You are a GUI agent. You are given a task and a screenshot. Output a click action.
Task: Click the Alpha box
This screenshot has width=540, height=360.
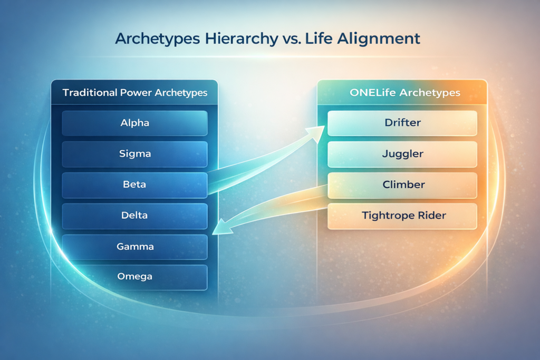click(x=134, y=123)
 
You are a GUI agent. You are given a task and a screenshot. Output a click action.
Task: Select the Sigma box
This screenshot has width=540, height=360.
click(x=134, y=154)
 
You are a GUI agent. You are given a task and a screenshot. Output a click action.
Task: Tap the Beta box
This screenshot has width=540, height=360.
click(x=134, y=185)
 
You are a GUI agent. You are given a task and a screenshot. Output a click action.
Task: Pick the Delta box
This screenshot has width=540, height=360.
click(x=134, y=216)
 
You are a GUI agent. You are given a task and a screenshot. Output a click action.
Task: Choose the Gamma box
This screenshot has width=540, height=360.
click(x=134, y=247)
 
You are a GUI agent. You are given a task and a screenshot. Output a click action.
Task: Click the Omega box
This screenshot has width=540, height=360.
click(x=134, y=277)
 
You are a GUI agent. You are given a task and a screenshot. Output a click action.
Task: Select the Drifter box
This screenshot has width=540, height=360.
click(x=402, y=123)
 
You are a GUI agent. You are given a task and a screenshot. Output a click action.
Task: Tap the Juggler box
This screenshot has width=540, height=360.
click(x=402, y=154)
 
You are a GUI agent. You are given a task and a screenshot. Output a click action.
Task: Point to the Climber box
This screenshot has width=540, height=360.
click(x=402, y=185)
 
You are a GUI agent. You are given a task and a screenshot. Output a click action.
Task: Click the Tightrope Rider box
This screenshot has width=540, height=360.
click(x=402, y=216)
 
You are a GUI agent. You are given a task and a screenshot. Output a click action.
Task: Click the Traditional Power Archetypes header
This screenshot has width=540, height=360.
click(x=134, y=92)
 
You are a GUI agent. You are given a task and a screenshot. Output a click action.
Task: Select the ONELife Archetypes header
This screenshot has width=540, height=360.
click(x=402, y=92)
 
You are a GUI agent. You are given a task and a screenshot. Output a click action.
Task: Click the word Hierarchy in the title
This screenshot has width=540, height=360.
click(x=242, y=38)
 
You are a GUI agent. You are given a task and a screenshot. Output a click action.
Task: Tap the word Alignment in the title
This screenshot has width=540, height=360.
click(x=379, y=38)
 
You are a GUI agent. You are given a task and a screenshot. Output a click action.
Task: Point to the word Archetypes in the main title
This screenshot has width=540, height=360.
click(x=157, y=38)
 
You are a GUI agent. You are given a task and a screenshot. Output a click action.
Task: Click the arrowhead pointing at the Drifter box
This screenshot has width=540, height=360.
click(x=316, y=133)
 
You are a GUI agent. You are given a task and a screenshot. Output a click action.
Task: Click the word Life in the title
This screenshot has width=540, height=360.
click(x=319, y=38)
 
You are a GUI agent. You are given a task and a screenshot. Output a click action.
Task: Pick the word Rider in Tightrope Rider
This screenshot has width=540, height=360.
click(x=432, y=216)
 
